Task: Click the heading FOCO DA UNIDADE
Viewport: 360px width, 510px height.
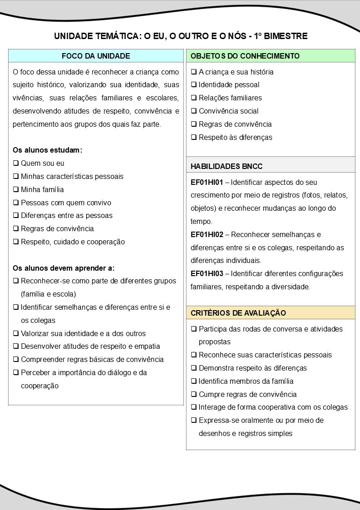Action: tap(96, 56)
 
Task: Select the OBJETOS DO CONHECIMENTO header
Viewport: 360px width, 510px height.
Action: tap(245, 56)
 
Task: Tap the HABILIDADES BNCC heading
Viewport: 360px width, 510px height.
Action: tap(227, 166)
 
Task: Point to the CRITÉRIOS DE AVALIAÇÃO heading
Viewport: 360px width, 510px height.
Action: tap(238, 313)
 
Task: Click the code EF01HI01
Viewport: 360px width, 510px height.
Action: tap(207, 183)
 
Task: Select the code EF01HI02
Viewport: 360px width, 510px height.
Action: tap(207, 235)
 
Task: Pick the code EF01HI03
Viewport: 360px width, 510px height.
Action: tap(207, 274)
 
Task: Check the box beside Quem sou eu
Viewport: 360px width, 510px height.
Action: tap(16, 163)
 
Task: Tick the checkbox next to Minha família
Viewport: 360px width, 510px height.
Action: tap(16, 189)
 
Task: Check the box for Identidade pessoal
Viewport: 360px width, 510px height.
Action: tap(194, 85)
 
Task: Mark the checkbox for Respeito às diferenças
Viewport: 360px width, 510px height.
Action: tap(194, 137)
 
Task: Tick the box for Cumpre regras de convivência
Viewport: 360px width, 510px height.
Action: tap(194, 394)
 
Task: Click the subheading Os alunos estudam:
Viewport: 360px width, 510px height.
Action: tap(47, 150)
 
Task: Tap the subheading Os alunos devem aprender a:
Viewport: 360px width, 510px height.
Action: tap(64, 268)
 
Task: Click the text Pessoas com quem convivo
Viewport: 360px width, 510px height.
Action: tap(66, 203)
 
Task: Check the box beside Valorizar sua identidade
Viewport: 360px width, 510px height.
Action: tap(16, 334)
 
